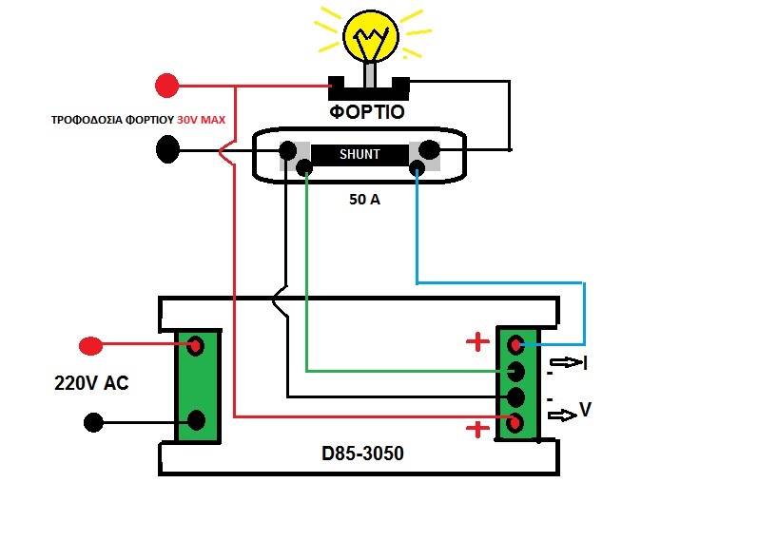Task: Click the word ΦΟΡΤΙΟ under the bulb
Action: (x=368, y=112)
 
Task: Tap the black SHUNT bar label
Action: (x=359, y=154)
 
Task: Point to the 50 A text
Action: (x=365, y=201)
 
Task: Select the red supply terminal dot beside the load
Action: (x=167, y=86)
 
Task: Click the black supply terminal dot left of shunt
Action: (x=168, y=149)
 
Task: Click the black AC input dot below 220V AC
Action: (x=92, y=421)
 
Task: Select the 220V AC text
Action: (x=91, y=384)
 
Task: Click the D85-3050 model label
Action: (x=362, y=454)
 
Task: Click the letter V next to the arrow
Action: (x=586, y=410)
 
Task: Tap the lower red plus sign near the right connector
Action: (x=478, y=429)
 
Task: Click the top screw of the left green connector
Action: (x=197, y=345)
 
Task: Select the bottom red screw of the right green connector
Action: (x=516, y=422)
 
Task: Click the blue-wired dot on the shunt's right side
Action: (x=416, y=169)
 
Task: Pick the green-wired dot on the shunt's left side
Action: (x=304, y=169)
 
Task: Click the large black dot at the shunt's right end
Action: (x=430, y=149)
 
